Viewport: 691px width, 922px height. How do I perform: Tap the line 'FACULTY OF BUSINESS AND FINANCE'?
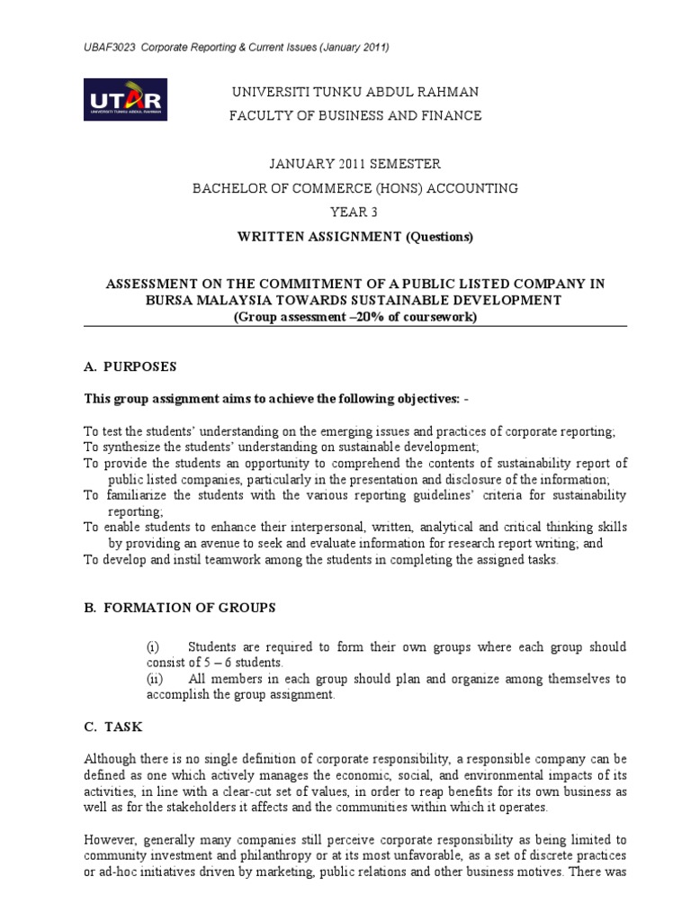[x=355, y=115]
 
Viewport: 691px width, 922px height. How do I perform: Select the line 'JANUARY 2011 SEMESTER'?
[x=355, y=164]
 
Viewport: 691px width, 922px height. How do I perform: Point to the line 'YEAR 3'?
[x=355, y=212]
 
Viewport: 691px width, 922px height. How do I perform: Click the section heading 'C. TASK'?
[x=112, y=726]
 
